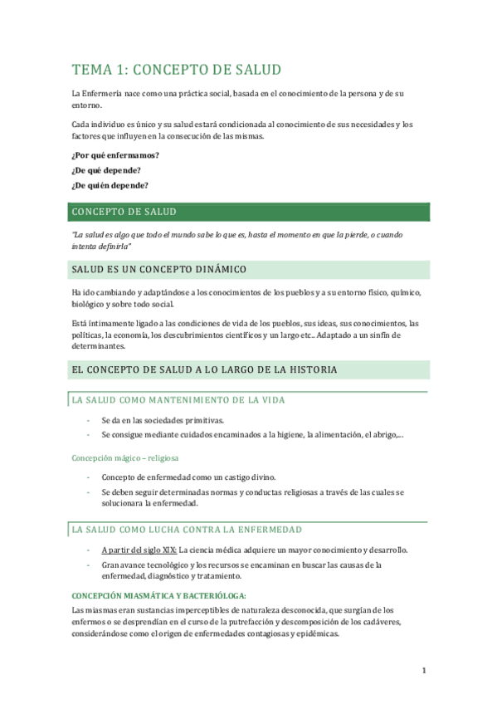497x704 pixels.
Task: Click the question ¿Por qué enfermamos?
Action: (x=115, y=155)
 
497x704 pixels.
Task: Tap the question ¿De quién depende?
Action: (x=115, y=185)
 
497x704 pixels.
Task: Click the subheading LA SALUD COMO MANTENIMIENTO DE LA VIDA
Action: (x=178, y=400)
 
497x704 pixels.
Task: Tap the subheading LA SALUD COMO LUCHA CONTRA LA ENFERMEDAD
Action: (x=187, y=529)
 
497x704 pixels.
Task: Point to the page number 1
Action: (x=423, y=671)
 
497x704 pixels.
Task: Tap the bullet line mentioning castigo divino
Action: (x=188, y=477)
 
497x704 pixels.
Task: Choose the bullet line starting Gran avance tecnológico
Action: (x=241, y=565)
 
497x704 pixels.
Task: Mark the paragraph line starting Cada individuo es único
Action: (x=241, y=125)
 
